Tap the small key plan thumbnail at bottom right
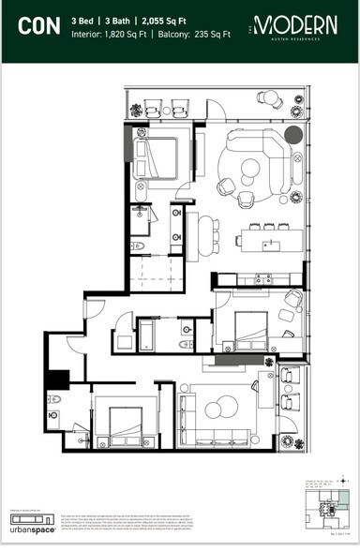tap(328, 510)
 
